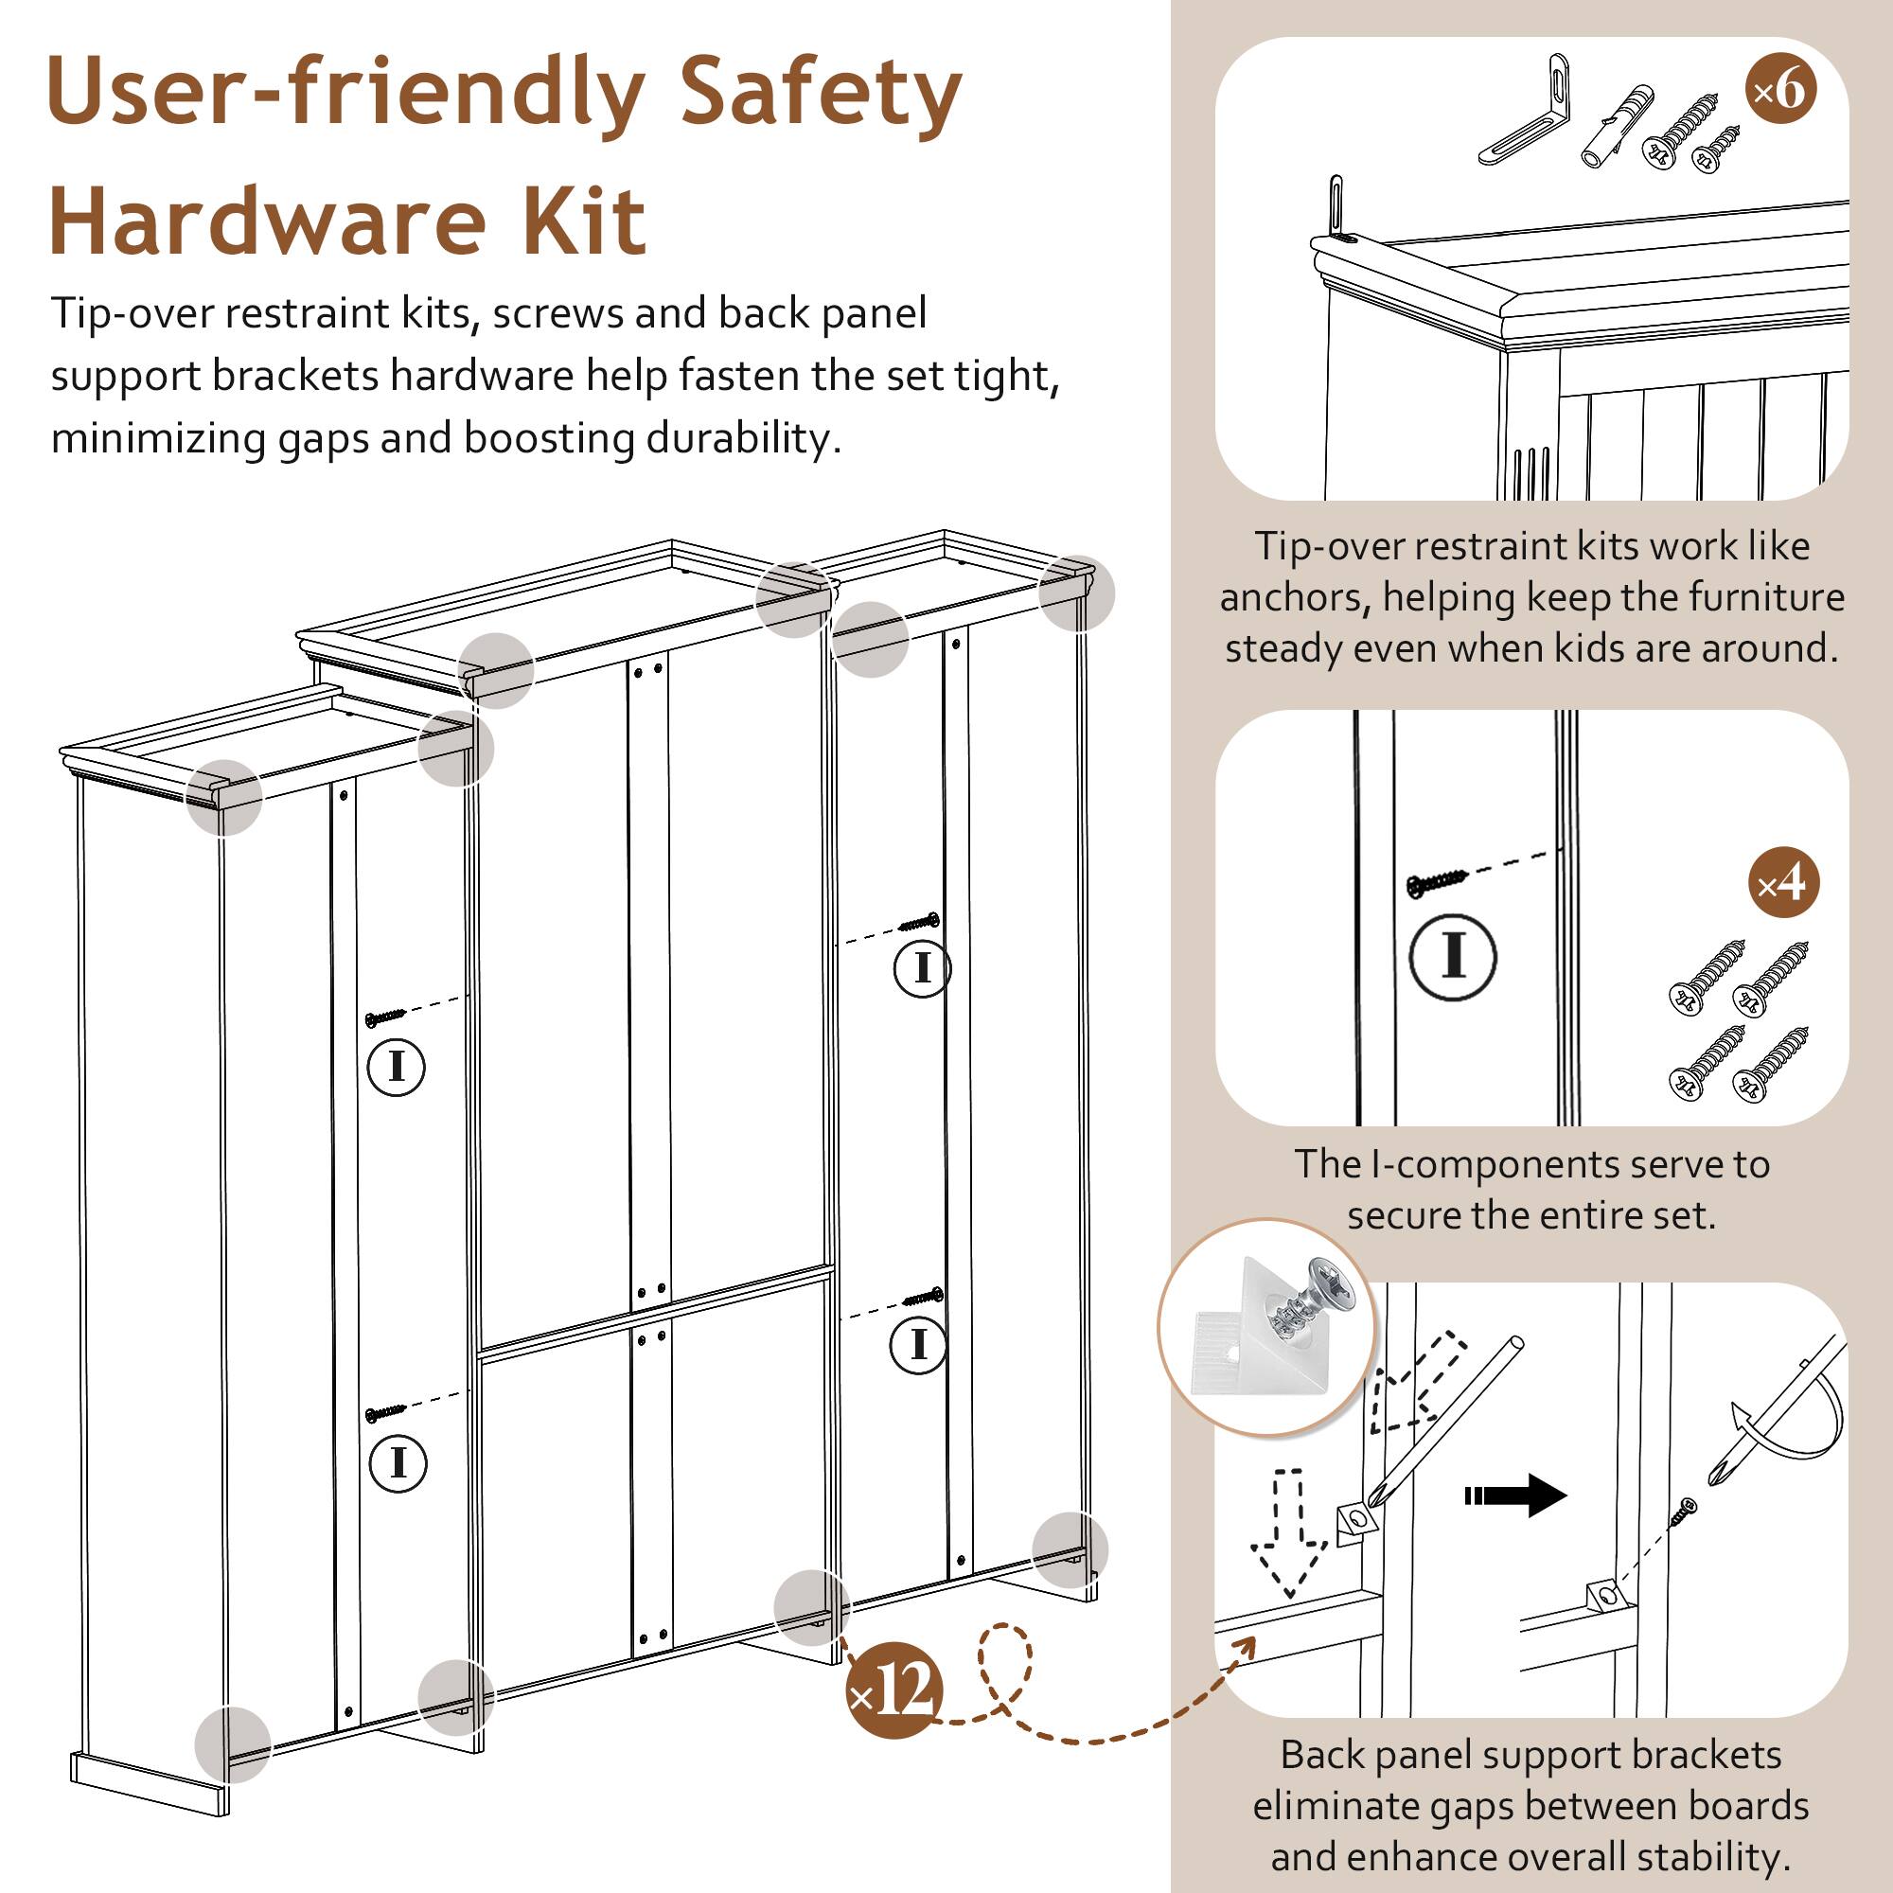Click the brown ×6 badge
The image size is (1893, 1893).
(x=1780, y=90)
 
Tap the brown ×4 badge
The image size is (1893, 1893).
(x=1783, y=883)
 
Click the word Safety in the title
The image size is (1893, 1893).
(x=819, y=93)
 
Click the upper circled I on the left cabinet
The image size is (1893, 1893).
(x=396, y=1066)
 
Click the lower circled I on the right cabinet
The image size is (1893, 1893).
(x=918, y=1343)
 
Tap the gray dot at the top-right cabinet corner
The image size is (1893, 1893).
(x=1076, y=593)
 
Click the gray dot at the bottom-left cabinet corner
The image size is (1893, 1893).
(x=232, y=1744)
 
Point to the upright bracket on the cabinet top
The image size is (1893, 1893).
(x=1336, y=203)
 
